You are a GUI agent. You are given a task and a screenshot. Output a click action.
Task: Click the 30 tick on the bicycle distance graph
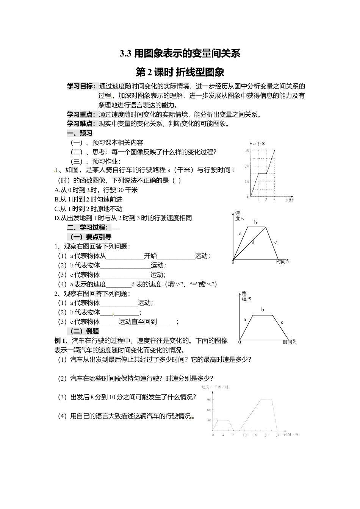pyautogui.click(x=247, y=150)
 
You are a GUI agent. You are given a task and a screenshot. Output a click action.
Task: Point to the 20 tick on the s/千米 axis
pyautogui.click(x=247, y=166)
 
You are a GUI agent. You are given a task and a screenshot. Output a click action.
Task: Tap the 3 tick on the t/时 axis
pyautogui.click(x=274, y=200)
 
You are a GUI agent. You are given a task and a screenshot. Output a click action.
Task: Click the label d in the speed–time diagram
pyautogui.click(x=253, y=243)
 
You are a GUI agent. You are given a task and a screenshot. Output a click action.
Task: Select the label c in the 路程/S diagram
pyautogui.click(x=282, y=322)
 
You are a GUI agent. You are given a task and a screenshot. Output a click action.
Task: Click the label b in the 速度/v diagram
pyautogui.click(x=255, y=223)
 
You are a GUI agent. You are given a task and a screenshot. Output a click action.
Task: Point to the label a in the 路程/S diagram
pyautogui.click(x=245, y=320)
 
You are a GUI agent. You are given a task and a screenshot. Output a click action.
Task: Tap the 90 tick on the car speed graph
pyautogui.click(x=209, y=400)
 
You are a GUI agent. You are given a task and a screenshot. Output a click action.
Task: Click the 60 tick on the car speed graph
pyautogui.click(x=209, y=410)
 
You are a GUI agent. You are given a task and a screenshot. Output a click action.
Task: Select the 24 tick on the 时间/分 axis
pyautogui.click(x=277, y=435)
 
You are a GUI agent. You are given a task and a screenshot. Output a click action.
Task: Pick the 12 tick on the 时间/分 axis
pyautogui.click(x=244, y=435)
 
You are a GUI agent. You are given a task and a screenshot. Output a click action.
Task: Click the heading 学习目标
pyautogui.click(x=81, y=86)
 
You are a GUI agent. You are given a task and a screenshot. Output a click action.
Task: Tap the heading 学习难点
pyautogui.click(x=81, y=123)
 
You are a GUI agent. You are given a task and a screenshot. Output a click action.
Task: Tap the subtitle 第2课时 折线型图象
pyautogui.click(x=180, y=72)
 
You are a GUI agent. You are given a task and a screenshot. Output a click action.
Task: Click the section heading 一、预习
pyautogui.click(x=80, y=133)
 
